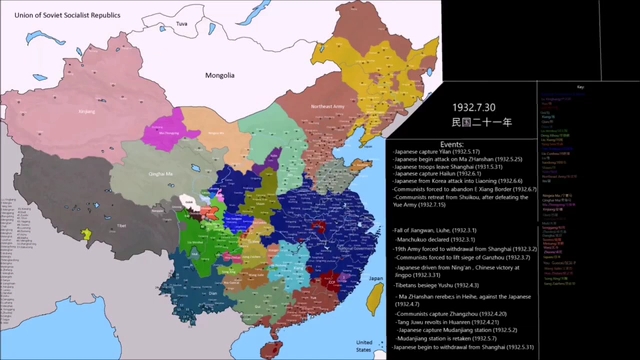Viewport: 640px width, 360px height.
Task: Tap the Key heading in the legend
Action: [x=579, y=87]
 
